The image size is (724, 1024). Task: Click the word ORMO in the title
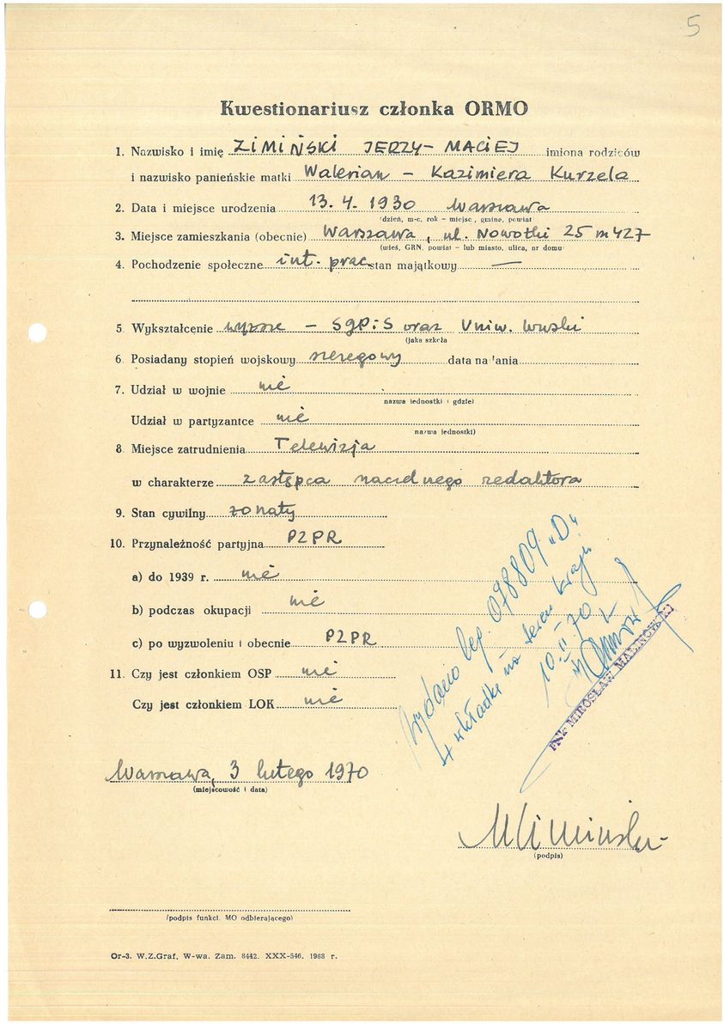497,108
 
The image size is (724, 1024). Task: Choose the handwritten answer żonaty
263,513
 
